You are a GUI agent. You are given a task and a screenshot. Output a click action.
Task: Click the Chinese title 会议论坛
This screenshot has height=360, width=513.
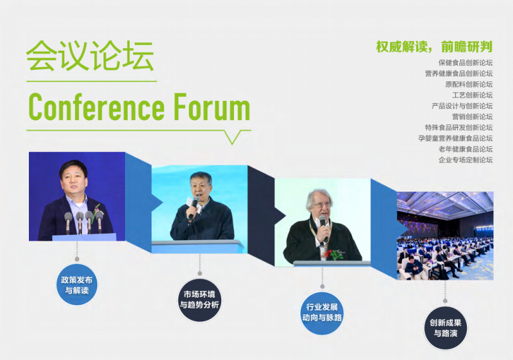pyautogui.click(x=90, y=56)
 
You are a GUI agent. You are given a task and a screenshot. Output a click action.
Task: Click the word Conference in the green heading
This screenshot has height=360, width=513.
pyautogui.click(x=97, y=107)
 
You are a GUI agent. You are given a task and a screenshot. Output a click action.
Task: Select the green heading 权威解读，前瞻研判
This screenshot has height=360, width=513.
pyautogui.click(x=434, y=47)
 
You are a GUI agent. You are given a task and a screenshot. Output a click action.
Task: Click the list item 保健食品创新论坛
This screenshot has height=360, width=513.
pyautogui.click(x=466, y=62)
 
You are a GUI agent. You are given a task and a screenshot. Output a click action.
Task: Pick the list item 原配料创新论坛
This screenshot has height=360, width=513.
pyautogui.click(x=469, y=84)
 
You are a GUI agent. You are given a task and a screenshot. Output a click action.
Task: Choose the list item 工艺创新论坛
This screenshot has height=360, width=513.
pyautogui.click(x=473, y=95)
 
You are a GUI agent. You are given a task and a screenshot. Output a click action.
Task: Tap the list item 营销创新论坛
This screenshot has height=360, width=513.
pyautogui.click(x=473, y=117)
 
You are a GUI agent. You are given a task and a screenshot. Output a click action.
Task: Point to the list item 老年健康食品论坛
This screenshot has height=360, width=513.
pyautogui.click(x=466, y=149)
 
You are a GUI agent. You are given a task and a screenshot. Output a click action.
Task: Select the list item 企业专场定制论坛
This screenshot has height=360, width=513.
pyautogui.click(x=466, y=160)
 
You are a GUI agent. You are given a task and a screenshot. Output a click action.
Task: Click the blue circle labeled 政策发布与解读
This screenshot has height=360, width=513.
pyautogui.click(x=77, y=285)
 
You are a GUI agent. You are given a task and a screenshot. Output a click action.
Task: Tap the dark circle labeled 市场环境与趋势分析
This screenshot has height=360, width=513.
pyautogui.click(x=199, y=300)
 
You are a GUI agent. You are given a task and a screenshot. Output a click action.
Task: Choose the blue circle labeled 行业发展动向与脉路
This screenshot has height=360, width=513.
pyautogui.click(x=322, y=313)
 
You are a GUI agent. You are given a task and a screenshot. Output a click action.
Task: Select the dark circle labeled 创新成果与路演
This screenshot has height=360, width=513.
pyautogui.click(x=445, y=328)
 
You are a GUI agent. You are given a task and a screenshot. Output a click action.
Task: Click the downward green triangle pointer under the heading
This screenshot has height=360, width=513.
pyautogui.click(x=233, y=137)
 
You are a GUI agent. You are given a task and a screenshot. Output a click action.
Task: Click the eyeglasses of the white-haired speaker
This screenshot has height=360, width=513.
pyautogui.click(x=323, y=205)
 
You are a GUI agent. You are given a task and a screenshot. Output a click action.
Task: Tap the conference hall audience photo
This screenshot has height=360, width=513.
pyautogui.click(x=445, y=236)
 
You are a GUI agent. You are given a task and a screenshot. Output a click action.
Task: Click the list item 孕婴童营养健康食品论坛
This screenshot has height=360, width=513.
pyautogui.click(x=455, y=138)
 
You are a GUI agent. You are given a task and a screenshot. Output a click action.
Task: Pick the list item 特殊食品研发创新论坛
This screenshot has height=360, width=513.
pyautogui.click(x=458, y=127)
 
